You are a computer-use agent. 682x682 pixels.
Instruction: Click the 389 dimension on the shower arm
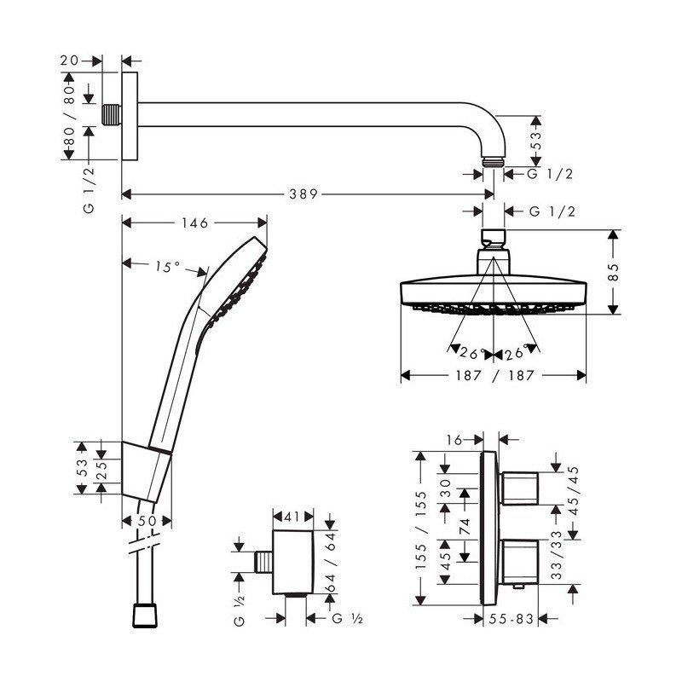303,194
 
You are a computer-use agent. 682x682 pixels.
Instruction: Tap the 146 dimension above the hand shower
195,223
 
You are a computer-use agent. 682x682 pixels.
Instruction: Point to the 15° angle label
167,266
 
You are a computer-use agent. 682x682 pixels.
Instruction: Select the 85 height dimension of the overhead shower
613,272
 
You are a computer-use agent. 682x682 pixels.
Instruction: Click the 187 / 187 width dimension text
494,375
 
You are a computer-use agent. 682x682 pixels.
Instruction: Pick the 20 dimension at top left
69,61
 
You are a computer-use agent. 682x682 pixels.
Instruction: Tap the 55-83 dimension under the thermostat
511,619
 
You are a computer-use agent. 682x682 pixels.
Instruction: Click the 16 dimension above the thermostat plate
454,440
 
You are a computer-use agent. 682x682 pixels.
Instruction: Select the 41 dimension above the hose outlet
292,517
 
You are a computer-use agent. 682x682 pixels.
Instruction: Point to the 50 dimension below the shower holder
147,521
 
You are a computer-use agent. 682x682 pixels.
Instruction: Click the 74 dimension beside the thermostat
465,526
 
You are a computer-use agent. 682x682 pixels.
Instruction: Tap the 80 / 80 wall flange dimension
69,116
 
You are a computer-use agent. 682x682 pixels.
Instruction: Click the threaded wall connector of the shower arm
112,114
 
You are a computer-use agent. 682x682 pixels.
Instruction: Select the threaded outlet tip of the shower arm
494,162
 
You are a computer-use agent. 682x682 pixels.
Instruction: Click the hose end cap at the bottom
145,615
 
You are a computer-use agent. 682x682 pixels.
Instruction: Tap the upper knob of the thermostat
519,488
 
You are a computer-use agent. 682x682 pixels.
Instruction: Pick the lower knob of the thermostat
519,562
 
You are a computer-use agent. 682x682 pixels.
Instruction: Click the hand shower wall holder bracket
146,471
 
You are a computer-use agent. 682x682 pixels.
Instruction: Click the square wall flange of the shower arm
130,116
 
